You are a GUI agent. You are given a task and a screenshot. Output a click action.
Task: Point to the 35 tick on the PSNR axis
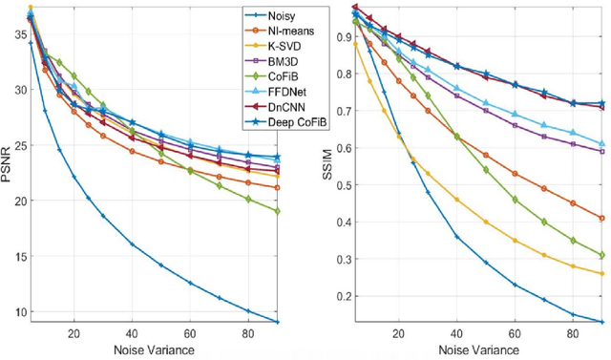click(16, 33)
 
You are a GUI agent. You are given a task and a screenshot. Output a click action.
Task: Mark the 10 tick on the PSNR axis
click(16, 311)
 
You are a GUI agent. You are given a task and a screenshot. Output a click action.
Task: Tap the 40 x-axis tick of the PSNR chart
click(132, 335)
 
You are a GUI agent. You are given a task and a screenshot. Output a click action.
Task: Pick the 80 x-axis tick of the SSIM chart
click(573, 335)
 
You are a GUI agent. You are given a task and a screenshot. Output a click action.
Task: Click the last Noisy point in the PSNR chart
click(277, 322)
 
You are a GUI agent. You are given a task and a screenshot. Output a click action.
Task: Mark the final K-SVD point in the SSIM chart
click(601, 273)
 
